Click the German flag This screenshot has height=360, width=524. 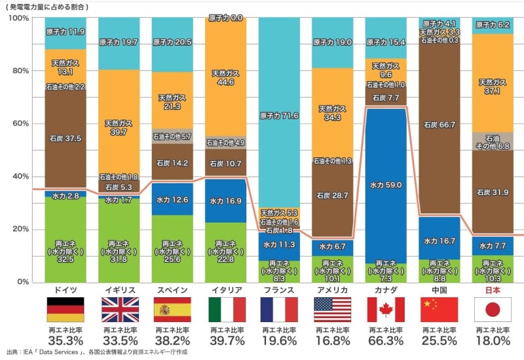pos(65,308)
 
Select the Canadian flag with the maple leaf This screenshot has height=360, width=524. pos(386,308)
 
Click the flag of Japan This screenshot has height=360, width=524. pos(493,308)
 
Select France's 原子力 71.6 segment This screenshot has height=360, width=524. pos(279,116)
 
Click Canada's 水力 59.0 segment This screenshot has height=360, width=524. pos(386,185)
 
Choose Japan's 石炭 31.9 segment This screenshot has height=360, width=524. pos(493,192)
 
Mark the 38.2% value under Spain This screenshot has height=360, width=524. pos(172,340)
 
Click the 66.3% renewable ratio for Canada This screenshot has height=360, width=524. pos(386,340)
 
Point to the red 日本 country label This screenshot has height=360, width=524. pos(493,290)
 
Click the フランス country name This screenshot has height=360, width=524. pos(279,290)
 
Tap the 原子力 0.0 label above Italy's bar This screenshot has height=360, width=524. pos(225,18)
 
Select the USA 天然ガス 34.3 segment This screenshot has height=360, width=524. pos(333,113)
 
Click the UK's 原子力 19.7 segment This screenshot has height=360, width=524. pos(119,43)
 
